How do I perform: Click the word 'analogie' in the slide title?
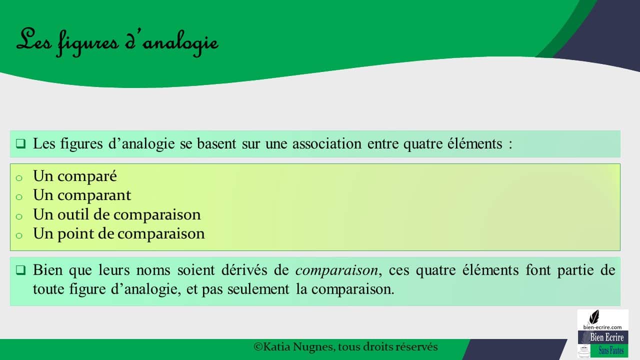coord(180,43)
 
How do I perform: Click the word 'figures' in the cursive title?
coord(88,43)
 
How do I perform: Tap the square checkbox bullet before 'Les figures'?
coord(20,143)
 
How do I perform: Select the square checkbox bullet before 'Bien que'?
coord(20,270)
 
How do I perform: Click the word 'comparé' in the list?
coord(87,176)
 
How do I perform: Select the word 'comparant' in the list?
coord(94,195)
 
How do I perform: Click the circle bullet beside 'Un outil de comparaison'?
coord(19,216)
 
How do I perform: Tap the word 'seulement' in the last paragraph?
coord(258,289)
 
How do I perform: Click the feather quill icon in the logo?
coord(594,317)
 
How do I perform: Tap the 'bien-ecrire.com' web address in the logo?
coord(602,327)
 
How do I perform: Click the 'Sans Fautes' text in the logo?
coord(611,350)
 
